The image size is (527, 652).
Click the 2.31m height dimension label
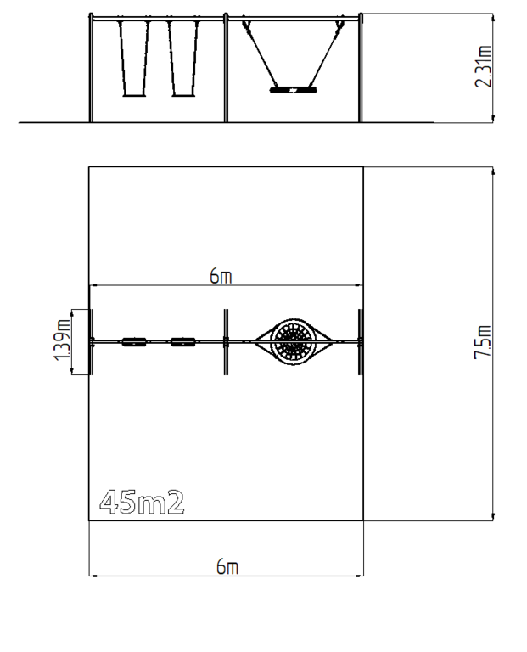click(x=484, y=66)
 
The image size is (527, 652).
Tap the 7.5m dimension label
click(x=484, y=342)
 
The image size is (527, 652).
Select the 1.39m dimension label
click(x=62, y=340)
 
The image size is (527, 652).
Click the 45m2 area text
click(x=142, y=503)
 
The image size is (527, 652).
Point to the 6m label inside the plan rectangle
click(x=221, y=276)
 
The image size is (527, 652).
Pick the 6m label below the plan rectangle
click(x=227, y=566)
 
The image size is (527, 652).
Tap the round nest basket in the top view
click(x=294, y=342)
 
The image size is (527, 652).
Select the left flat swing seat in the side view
click(x=135, y=95)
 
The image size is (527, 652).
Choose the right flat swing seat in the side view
click(x=183, y=95)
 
